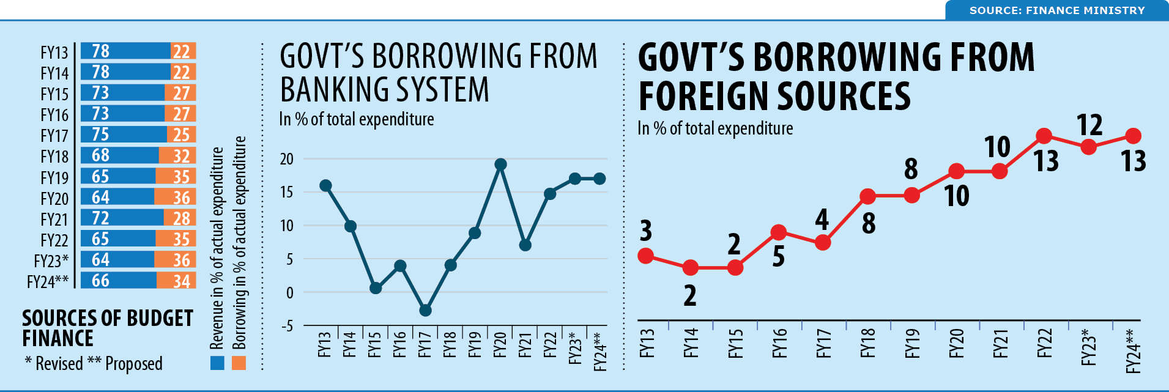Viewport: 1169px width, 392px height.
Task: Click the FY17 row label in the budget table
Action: [x=54, y=135]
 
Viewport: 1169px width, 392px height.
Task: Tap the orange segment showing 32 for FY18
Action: [x=177, y=155]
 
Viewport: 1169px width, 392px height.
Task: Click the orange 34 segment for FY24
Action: [x=176, y=281]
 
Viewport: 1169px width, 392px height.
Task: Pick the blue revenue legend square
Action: [x=217, y=363]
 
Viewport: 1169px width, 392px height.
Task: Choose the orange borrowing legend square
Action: [x=239, y=363]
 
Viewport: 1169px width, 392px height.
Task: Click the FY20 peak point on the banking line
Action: [x=500, y=164]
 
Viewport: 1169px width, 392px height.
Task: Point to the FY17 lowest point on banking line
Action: [x=425, y=311]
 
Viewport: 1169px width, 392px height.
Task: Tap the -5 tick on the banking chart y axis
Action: [x=287, y=326]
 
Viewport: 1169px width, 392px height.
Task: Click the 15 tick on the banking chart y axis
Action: [x=287, y=192]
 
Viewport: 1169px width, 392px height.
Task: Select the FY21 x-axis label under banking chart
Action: [x=525, y=346]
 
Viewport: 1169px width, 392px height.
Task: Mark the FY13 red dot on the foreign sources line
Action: [x=645, y=256]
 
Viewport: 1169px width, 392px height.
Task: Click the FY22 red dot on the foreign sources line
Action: [x=1044, y=136]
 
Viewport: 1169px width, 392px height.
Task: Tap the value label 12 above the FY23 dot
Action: [x=1089, y=125]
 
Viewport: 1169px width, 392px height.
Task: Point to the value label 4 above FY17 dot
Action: [x=822, y=220]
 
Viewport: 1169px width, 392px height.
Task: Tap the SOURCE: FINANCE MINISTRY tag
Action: [x=1056, y=10]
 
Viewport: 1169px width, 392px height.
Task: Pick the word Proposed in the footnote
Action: [x=133, y=364]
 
